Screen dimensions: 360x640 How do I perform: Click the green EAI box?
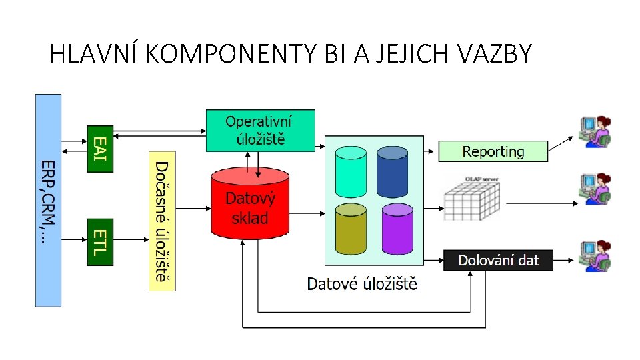click(100, 148)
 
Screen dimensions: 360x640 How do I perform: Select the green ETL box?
click(100, 241)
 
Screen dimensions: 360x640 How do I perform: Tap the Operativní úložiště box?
click(260, 130)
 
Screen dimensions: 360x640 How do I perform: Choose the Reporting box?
click(493, 151)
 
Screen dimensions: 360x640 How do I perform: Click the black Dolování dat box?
click(498, 260)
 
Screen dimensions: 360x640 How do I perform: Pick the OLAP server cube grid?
click(471, 199)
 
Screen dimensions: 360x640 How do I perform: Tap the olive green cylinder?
click(351, 228)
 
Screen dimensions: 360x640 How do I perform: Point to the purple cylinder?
click(397, 228)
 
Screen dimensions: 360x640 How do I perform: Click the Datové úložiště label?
click(362, 284)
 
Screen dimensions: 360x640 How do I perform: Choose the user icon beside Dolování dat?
click(595, 256)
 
